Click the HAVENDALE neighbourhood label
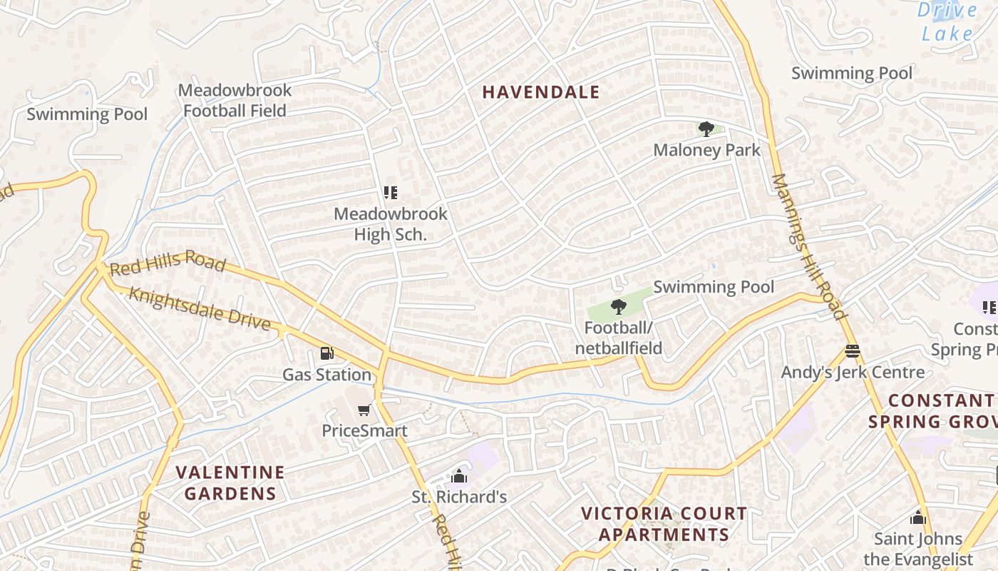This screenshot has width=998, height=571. click(x=541, y=92)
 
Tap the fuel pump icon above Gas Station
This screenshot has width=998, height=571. click(x=326, y=353)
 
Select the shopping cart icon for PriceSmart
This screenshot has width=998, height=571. click(x=364, y=410)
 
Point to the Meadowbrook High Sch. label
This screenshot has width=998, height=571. click(x=391, y=224)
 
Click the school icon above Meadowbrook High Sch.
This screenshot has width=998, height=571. click(x=390, y=193)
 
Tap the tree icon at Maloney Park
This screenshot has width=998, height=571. click(x=706, y=129)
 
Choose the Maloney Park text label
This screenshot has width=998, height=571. click(x=706, y=151)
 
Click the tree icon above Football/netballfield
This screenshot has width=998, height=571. click(x=618, y=308)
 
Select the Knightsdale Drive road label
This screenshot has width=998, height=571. click(x=200, y=309)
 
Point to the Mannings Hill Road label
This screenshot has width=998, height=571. click(x=809, y=246)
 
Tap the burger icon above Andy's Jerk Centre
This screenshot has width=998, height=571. click(x=852, y=351)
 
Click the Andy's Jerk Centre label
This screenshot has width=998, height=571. click(x=853, y=373)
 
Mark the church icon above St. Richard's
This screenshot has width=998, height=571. click(x=459, y=476)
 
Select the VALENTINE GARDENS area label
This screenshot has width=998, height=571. click(x=230, y=482)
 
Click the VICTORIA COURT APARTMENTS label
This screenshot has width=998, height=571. click(x=664, y=524)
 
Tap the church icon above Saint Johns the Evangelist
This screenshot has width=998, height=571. click(x=917, y=517)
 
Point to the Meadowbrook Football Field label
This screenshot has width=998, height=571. click(x=235, y=101)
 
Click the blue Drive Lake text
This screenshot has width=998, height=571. click(x=947, y=22)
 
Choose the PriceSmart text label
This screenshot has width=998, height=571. click(x=364, y=431)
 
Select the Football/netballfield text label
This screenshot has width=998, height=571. click(x=619, y=338)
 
